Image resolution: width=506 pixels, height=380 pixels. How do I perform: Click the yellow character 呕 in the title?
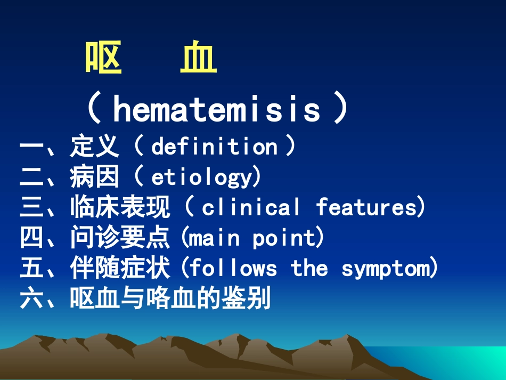point(104,59)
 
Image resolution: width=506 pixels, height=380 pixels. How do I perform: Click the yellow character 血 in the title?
point(198,59)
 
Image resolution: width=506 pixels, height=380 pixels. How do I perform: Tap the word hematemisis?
point(217,109)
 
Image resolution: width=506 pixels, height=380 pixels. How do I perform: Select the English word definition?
point(214,147)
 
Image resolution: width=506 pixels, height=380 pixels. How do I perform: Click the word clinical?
point(251,207)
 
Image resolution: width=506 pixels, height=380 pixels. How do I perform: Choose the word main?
point(215,238)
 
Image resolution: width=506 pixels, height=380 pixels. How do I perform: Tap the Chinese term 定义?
point(95,147)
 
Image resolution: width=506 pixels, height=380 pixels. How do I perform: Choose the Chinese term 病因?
point(95,177)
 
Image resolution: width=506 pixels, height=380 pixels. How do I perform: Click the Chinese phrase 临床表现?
point(120,207)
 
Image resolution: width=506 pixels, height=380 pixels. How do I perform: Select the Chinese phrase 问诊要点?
point(120,238)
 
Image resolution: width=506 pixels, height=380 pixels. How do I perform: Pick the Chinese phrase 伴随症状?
point(120,268)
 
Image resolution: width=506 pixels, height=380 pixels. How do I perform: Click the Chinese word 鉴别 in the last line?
point(246,299)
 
